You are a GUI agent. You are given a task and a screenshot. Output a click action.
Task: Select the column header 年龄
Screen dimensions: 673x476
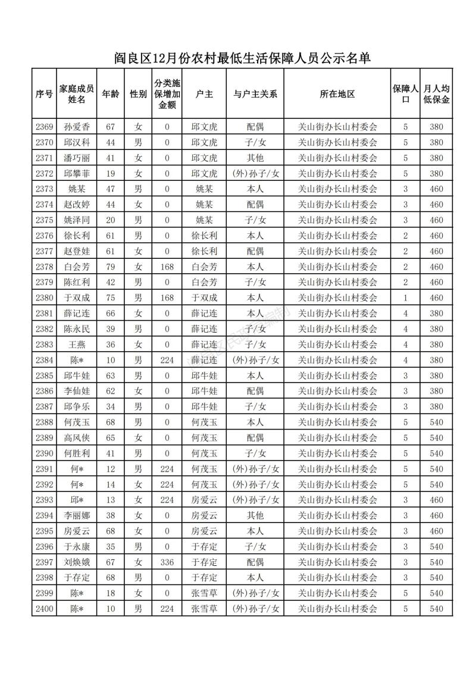109,94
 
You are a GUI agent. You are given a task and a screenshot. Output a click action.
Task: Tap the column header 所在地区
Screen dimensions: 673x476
337,94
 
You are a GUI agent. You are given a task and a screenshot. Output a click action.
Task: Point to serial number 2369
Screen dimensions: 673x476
45,127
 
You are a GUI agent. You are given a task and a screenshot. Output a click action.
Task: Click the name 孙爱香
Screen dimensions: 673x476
77,127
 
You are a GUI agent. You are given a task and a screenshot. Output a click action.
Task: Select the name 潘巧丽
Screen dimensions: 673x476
77,158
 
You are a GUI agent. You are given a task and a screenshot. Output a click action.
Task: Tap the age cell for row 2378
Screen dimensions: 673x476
109,267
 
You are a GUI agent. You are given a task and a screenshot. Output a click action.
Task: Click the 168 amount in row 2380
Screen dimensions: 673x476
167,298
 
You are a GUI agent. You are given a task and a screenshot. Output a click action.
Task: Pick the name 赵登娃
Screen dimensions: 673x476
77,251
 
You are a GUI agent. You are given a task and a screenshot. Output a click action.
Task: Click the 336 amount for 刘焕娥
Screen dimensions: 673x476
167,562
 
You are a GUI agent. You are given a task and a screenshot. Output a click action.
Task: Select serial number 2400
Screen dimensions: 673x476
45,609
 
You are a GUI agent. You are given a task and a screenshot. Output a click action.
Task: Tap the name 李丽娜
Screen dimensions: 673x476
77,515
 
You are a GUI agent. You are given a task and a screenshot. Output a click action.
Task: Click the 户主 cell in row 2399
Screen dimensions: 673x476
204,593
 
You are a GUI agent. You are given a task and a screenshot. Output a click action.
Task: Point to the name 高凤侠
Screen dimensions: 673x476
77,437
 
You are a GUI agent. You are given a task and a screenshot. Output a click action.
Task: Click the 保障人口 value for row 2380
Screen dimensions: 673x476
406,298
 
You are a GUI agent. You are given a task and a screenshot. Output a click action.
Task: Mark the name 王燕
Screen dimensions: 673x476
77,345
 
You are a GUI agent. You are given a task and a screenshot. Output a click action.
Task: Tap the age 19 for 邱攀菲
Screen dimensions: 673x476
109,173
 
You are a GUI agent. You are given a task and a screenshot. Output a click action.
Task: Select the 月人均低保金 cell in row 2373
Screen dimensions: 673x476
437,189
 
